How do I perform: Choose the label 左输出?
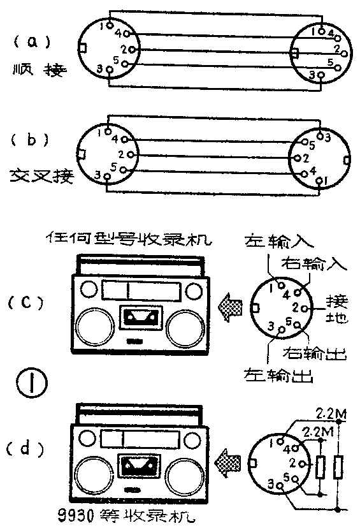click(280, 374)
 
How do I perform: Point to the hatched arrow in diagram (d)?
click(226, 458)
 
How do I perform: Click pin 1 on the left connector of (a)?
click(110, 26)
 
